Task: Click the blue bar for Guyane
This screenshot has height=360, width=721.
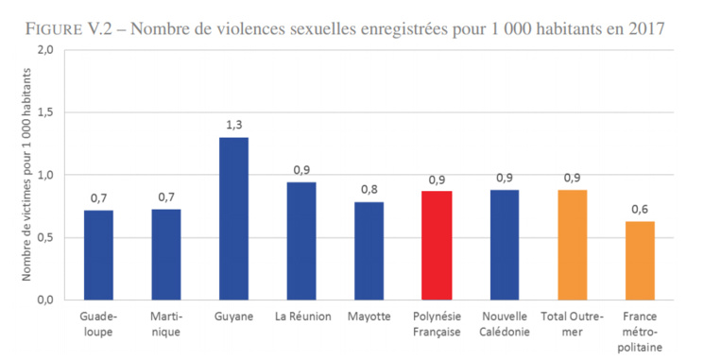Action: click(232, 218)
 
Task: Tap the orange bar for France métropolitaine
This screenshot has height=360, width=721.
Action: click(640, 260)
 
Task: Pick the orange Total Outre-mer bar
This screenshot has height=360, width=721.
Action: click(572, 245)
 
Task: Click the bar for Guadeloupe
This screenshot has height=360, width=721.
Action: click(98, 254)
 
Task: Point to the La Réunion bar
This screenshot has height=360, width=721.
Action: click(301, 241)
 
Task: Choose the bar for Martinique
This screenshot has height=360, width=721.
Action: click(165, 254)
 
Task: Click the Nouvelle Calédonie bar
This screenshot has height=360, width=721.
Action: click(505, 245)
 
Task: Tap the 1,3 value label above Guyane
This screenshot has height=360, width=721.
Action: click(233, 125)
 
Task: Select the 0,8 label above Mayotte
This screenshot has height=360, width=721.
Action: click(369, 189)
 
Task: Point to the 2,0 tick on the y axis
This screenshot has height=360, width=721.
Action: click(44, 49)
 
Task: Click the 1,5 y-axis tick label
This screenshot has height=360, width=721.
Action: click(44, 111)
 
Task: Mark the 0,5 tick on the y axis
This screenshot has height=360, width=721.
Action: click(44, 237)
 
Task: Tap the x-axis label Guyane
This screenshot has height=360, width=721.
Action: click(233, 317)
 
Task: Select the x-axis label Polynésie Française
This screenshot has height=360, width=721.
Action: click(437, 323)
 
